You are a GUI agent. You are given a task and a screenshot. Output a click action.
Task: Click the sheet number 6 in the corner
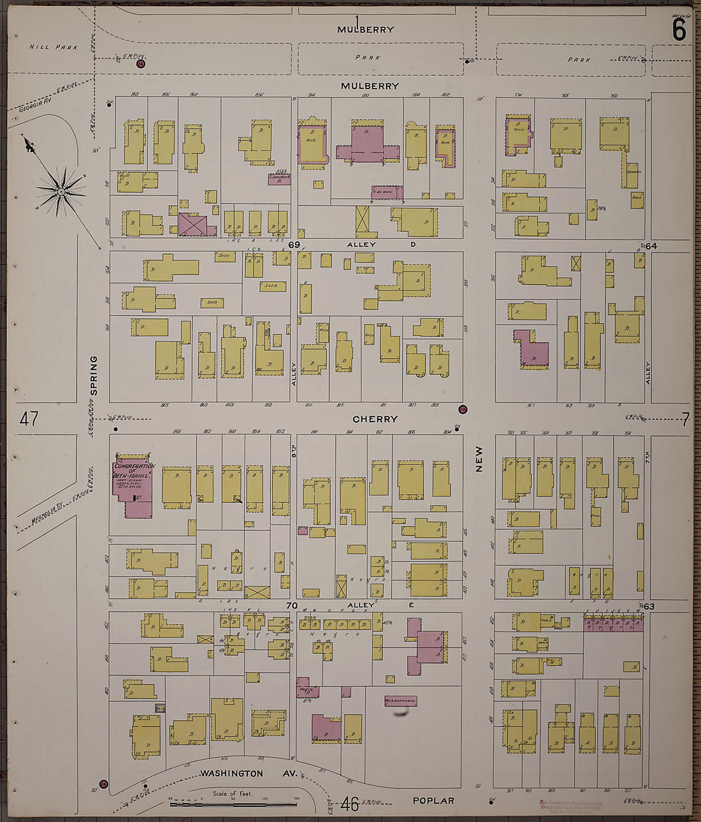[x=679, y=30]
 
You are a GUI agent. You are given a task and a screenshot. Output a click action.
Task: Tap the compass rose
[x=61, y=190]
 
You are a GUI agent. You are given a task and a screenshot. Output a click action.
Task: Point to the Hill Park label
[x=54, y=47]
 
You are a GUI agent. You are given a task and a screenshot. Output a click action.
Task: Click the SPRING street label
[x=94, y=376]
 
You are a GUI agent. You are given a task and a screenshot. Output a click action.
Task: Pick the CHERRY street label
[x=375, y=419]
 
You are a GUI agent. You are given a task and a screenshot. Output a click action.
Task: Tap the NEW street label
[x=479, y=458]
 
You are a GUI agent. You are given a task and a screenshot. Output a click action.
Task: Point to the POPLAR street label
[x=433, y=800]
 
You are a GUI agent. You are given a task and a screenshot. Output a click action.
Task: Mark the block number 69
[x=294, y=244]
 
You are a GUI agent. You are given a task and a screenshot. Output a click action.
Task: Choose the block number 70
[x=293, y=606]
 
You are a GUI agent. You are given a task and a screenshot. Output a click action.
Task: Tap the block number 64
[x=651, y=246]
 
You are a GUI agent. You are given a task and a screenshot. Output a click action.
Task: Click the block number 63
[x=649, y=606]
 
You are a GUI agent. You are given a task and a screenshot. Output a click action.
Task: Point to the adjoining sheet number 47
[x=29, y=419]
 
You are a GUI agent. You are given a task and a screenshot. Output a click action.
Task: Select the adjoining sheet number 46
[x=349, y=804]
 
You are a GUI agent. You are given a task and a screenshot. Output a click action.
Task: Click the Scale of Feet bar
[x=233, y=804]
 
